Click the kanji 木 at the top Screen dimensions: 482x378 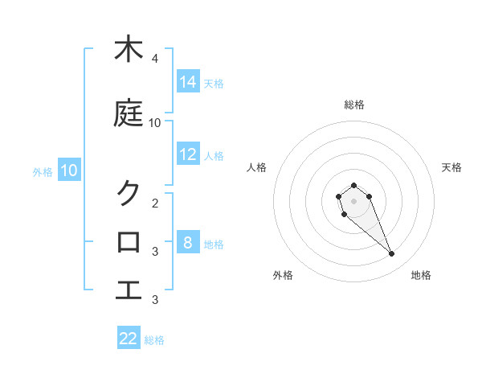point(128,49)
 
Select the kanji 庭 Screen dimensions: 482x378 point(128,113)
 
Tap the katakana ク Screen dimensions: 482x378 point(128,193)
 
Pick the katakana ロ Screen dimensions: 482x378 point(128,241)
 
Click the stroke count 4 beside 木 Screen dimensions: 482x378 point(154,59)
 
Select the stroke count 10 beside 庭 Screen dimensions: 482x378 point(155,123)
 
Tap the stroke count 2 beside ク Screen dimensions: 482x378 point(154,203)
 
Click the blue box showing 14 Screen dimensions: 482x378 point(188,81)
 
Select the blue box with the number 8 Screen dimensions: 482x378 point(188,242)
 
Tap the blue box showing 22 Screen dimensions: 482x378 point(129,339)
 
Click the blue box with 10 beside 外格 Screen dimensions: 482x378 point(69,170)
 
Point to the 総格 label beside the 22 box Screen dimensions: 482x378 point(154,340)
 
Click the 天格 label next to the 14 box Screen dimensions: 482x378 point(214,83)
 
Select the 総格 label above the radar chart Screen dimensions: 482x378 point(354,105)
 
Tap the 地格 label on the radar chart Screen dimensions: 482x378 point(421,275)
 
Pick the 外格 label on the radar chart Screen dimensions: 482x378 point(283,275)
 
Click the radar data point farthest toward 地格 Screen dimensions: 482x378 point(391,254)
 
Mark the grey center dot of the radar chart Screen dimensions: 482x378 point(353,200)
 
